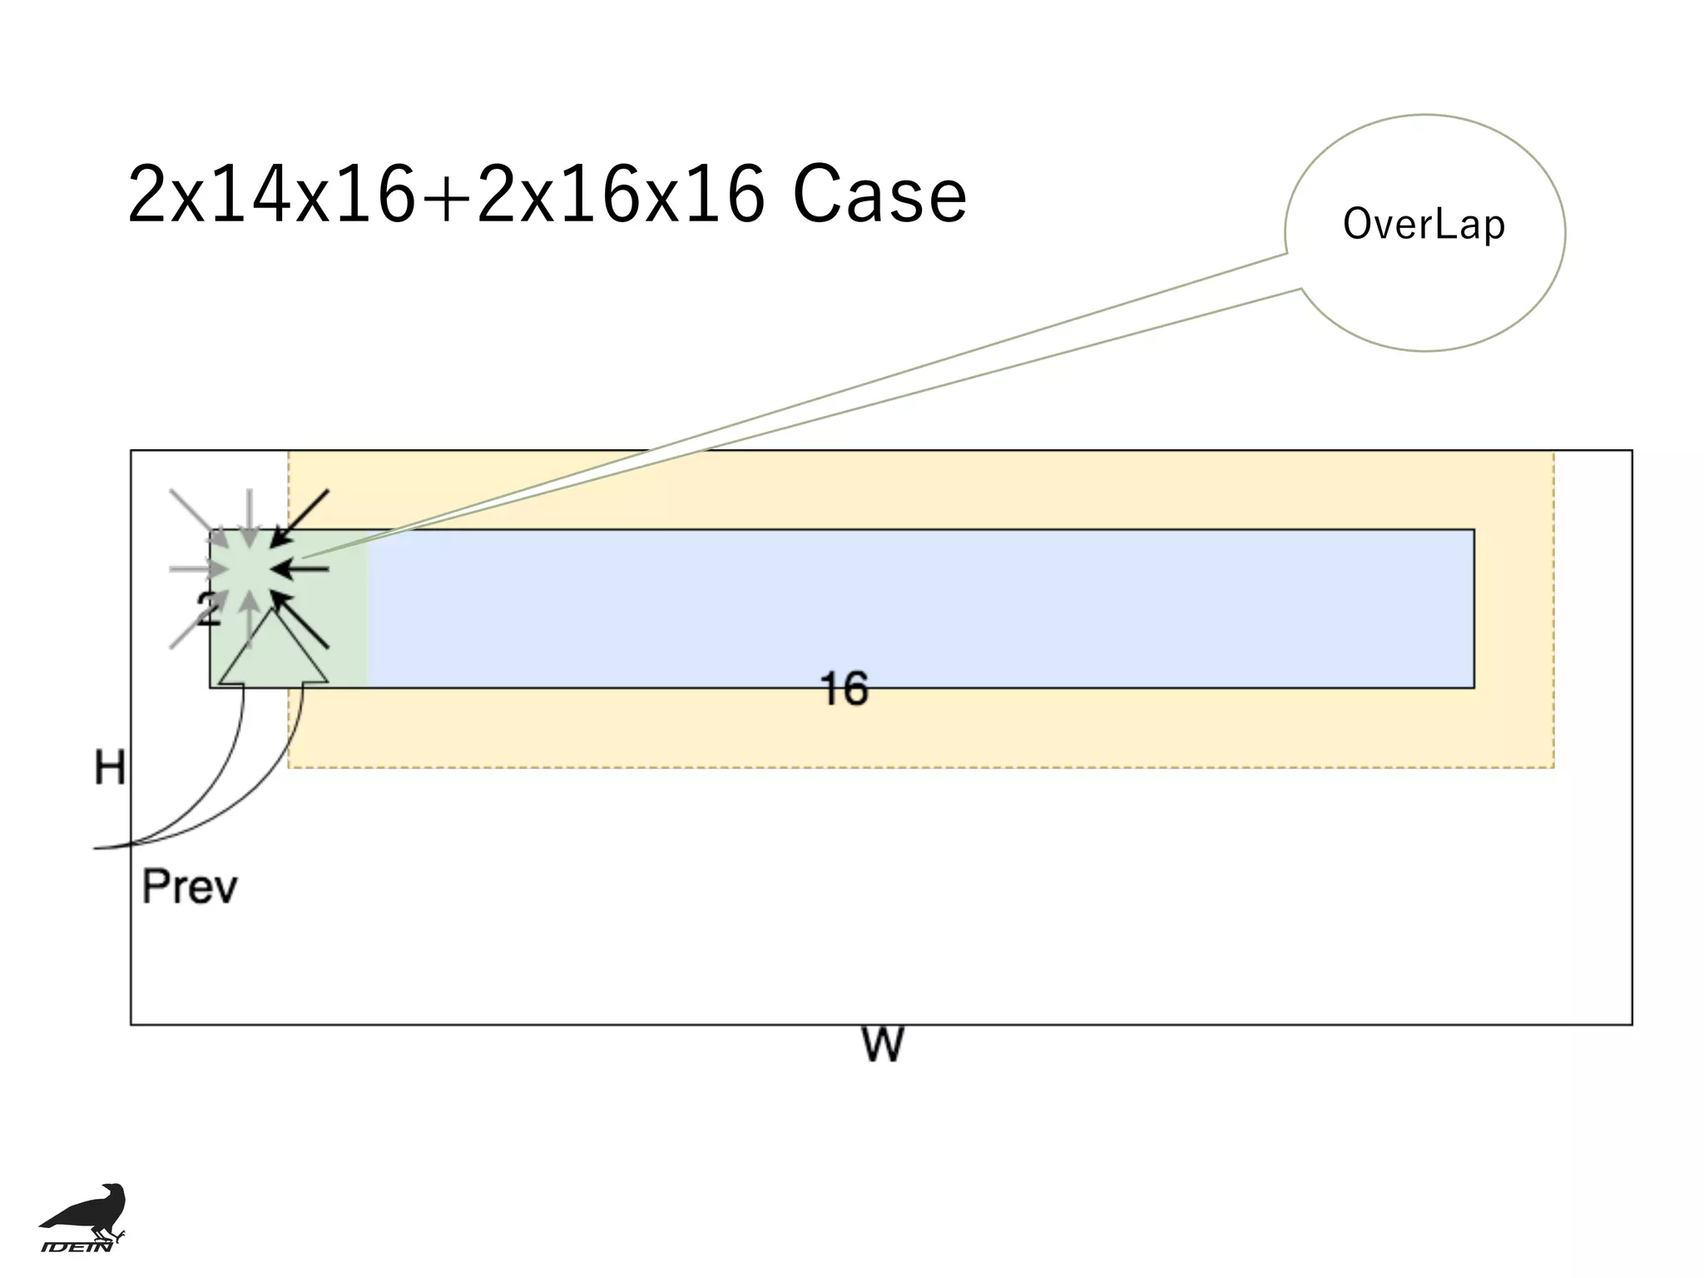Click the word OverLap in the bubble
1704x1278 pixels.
point(1424,225)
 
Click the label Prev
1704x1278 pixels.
point(190,887)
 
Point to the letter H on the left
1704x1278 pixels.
point(110,767)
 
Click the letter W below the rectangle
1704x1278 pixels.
point(882,1045)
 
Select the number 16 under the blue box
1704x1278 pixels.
point(844,689)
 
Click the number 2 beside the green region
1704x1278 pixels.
point(208,609)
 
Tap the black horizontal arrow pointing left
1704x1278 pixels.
point(301,569)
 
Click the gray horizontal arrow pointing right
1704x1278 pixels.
point(198,569)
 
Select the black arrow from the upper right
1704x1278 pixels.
point(301,518)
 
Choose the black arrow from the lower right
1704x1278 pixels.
point(301,620)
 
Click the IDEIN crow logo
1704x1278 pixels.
point(83,1216)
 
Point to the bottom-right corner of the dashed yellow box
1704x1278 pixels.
point(1553,767)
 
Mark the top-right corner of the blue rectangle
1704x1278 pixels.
point(1474,530)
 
